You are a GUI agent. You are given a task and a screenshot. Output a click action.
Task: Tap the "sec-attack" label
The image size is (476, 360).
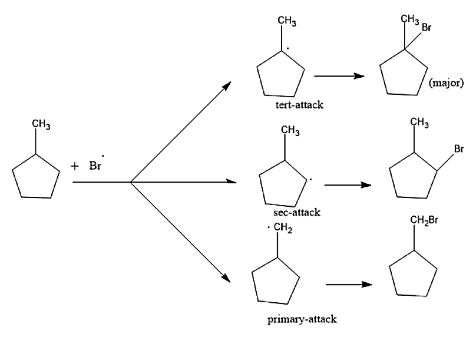[x=297, y=212]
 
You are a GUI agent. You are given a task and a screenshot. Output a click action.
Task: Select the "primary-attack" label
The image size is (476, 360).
[x=301, y=319]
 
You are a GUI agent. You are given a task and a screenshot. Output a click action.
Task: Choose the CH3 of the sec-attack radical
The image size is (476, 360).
[x=290, y=129]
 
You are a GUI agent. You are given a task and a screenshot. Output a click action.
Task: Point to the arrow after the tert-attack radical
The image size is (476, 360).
[x=338, y=77]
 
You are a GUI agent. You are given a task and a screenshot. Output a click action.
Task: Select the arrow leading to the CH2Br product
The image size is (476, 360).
[x=348, y=285]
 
